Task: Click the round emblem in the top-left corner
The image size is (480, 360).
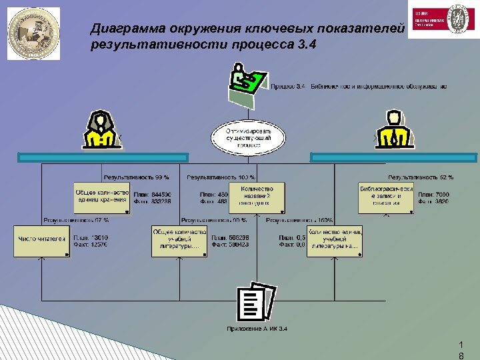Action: pos(33,34)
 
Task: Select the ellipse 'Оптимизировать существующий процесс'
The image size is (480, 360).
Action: pos(248,138)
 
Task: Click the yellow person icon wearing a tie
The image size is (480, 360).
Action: pos(393,129)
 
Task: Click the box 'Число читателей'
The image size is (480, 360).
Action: pos(42,241)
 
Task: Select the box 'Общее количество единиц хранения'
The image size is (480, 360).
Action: pos(102,198)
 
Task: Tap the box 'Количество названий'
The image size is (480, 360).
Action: pos(257,197)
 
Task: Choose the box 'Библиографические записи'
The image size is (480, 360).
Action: pos(386,198)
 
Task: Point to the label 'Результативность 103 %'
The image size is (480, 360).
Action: pos(221,177)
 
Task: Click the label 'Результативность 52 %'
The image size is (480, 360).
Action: pos(421,177)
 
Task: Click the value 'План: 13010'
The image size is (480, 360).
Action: pos(91,237)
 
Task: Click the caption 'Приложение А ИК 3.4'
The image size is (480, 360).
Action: pos(257,329)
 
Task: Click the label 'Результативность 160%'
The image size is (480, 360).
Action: pos(299,220)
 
